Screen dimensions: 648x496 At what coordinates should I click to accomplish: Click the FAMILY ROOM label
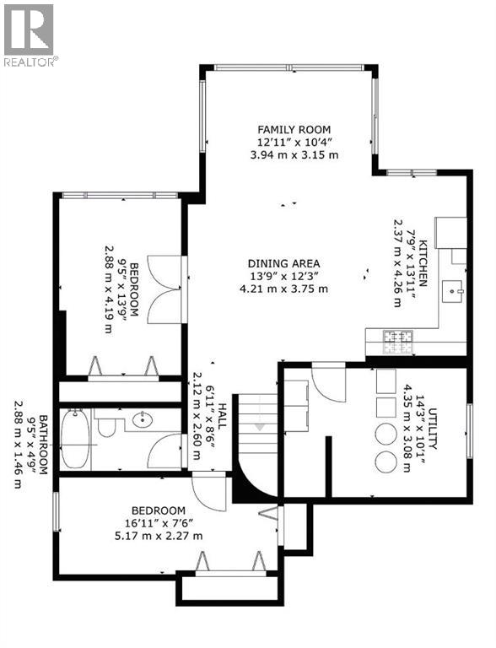pyautogui.click(x=288, y=129)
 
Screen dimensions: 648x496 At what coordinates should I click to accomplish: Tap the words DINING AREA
pyautogui.click(x=283, y=262)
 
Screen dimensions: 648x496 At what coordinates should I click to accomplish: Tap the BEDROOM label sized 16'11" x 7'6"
pyautogui.click(x=158, y=510)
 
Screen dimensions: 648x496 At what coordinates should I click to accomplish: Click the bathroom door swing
pyautogui.click(x=164, y=451)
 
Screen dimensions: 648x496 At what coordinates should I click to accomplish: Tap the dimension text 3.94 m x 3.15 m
pyautogui.click(x=288, y=155)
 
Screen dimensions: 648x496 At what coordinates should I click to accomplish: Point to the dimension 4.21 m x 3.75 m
pyautogui.click(x=283, y=289)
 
